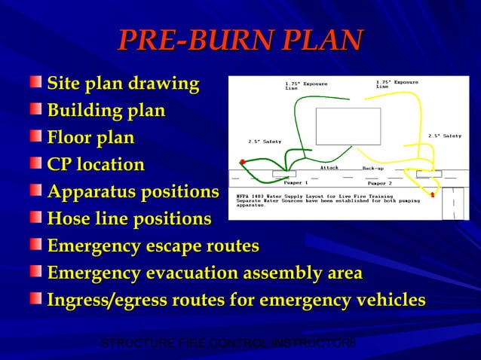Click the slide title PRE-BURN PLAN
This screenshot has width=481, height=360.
(240, 40)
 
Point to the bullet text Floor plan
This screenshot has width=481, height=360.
(90, 138)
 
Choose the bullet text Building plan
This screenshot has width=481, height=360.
(106, 111)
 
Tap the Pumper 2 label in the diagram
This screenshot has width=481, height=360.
(380, 183)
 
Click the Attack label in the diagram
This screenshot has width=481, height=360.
(329, 167)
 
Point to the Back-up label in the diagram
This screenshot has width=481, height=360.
(373, 167)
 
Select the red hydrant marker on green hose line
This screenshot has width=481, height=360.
(242, 162)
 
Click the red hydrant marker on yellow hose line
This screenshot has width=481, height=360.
(433, 195)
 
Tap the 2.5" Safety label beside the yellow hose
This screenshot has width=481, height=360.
(444, 136)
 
